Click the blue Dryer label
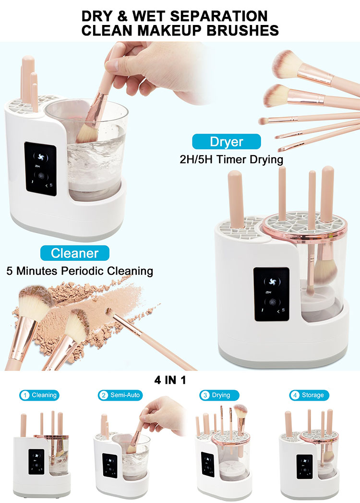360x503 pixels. tap(227, 142)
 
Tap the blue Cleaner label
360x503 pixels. tap(74, 253)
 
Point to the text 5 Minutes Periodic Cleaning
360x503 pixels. tap(80, 270)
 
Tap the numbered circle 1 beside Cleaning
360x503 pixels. tap(24, 395)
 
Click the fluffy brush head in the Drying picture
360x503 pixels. tap(241, 411)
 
